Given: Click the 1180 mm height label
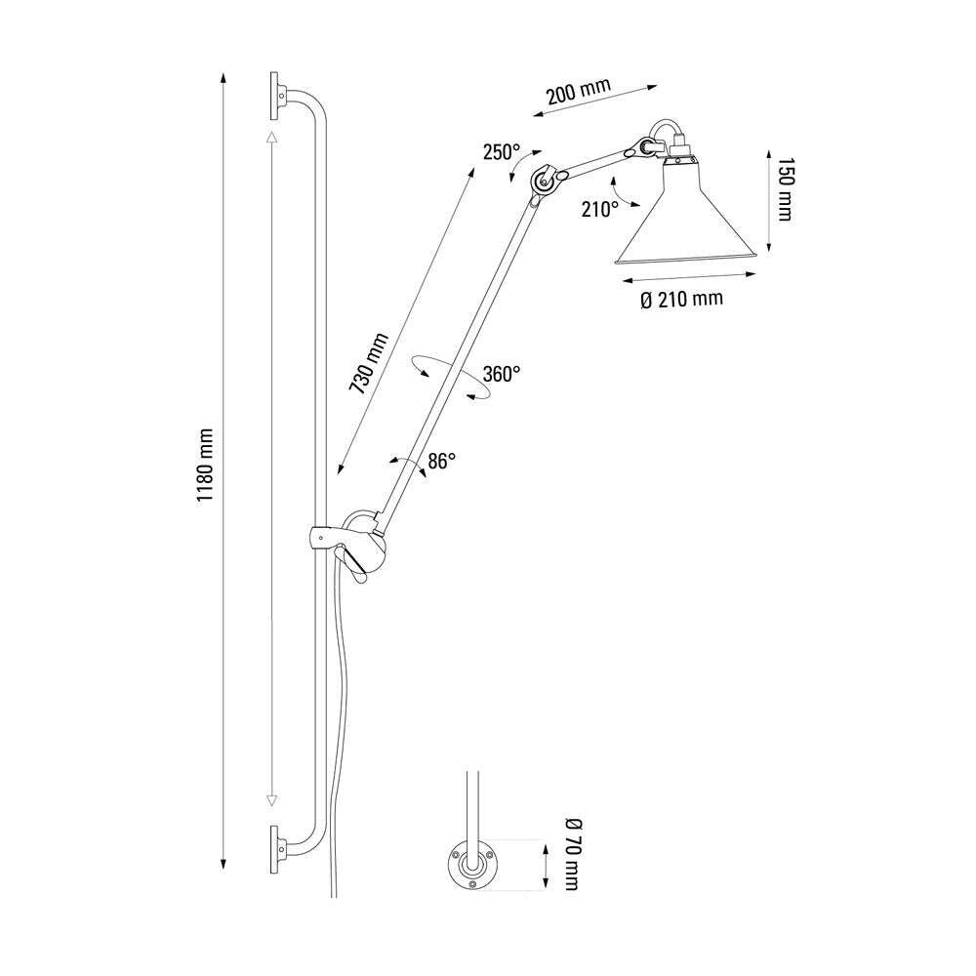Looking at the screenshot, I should click(x=205, y=467).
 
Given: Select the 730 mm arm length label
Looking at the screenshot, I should click(x=370, y=363).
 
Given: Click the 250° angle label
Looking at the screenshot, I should click(x=501, y=152).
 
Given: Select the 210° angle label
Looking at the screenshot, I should click(x=598, y=208).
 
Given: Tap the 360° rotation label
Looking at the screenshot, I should click(x=502, y=374).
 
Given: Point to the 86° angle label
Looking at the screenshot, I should click(x=441, y=462).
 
